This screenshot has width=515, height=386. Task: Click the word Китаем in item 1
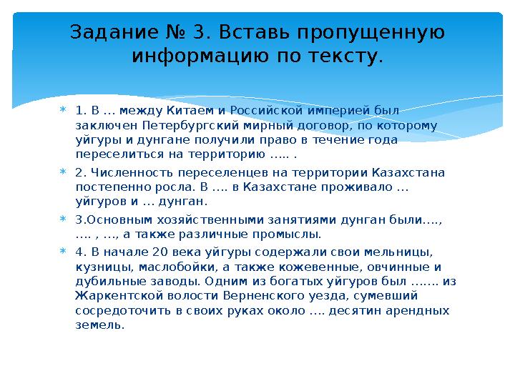tap(188, 110)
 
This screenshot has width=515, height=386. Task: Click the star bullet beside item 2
tap(62, 172)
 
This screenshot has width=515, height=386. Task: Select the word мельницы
tap(404, 252)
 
